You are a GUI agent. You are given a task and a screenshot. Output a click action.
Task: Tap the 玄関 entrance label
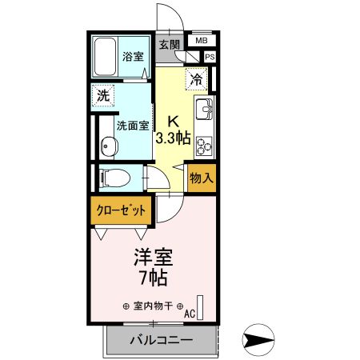[169, 45]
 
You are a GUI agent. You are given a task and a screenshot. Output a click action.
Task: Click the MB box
[200, 40]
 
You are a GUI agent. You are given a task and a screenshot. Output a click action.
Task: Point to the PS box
[210, 57]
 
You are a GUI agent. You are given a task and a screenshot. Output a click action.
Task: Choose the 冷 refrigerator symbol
[197, 78]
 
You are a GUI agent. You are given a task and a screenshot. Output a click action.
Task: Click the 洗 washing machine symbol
[103, 94]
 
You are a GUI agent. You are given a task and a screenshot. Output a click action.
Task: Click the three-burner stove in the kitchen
[203, 145]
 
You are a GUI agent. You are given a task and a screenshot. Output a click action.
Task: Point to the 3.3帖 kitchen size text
[172, 138]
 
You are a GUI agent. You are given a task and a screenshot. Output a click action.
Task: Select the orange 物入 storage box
[201, 178]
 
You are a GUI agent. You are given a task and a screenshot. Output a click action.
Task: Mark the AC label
[190, 314]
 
